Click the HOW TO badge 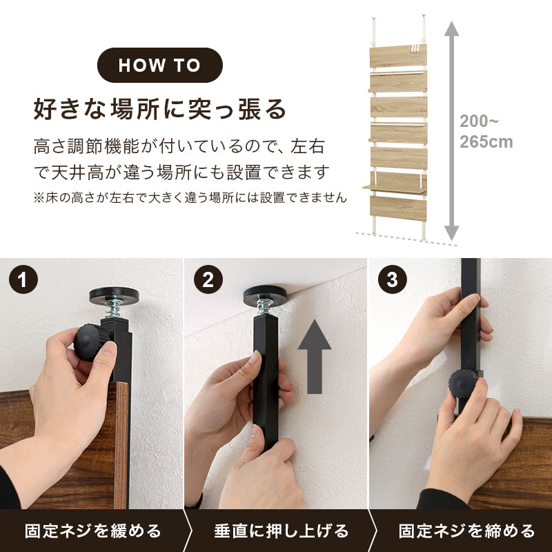pyautogui.click(x=159, y=66)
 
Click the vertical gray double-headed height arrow pyautogui.click(x=451, y=131)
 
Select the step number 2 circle pyautogui.click(x=207, y=280)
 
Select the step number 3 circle pyautogui.click(x=392, y=280)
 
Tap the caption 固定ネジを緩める pyautogui.click(x=92, y=531)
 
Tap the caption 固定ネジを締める pyautogui.click(x=466, y=531)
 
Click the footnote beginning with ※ pyautogui.click(x=190, y=197)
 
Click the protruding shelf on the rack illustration pyautogui.click(x=393, y=186)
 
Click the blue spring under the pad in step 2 pyautogui.click(x=265, y=306)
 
